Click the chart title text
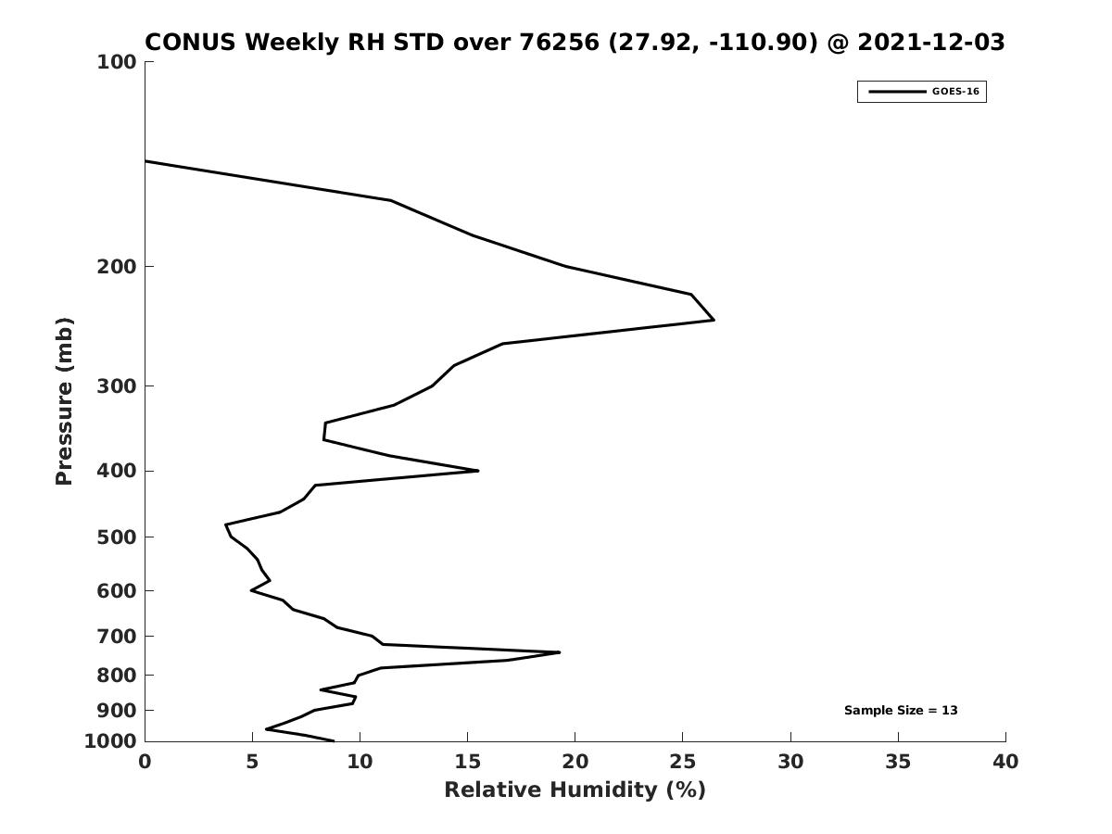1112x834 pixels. pos(575,43)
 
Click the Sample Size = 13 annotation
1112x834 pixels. pos(901,711)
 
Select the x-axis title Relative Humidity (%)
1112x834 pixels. pos(575,790)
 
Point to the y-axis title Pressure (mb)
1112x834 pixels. pos(64,401)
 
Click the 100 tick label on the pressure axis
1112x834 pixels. pos(117,62)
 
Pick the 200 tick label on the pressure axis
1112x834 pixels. pos(117,267)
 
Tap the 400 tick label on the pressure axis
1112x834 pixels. pos(117,471)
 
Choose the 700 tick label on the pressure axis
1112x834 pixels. pos(117,637)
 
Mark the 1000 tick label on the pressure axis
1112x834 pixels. pos(111,741)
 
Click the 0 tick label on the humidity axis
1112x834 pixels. pos(145,763)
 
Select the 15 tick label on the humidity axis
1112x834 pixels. pos(467,763)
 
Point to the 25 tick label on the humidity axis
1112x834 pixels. pos(682,763)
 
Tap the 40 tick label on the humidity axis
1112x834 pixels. pos(1005,763)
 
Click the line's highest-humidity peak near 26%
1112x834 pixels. pos(714,320)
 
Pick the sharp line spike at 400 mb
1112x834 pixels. pos(478,471)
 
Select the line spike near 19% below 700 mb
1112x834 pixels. pos(560,652)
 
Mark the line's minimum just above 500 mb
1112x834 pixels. pos(226,525)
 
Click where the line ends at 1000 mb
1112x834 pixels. pos(334,740)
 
